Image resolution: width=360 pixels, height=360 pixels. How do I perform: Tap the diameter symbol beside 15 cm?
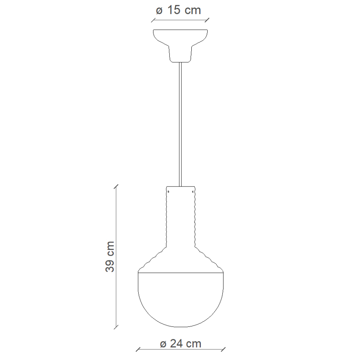pyautogui.click(x=159, y=11)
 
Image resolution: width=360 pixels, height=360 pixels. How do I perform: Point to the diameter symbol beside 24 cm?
pyautogui.click(x=163, y=344)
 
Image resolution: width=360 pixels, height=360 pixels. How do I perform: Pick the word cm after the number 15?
pyautogui.click(x=193, y=10)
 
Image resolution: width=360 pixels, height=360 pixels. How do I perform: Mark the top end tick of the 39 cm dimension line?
pyautogui.click(x=116, y=186)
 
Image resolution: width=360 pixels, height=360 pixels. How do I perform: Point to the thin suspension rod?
pyautogui.click(x=180, y=125)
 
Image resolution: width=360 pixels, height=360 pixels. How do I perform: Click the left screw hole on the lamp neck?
pyautogui.click(x=168, y=192)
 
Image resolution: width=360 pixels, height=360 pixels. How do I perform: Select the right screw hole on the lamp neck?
pyautogui.click(x=193, y=192)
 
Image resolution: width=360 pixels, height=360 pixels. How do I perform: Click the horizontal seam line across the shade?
pyautogui.click(x=181, y=272)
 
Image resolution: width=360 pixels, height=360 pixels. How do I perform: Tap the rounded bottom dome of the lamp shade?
pyautogui.click(x=181, y=303)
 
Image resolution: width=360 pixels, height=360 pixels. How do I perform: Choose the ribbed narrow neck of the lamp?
pyautogui.click(x=181, y=219)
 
